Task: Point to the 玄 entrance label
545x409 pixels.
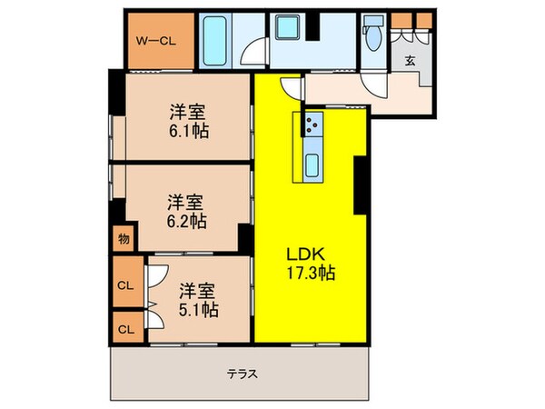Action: [x=410, y=61]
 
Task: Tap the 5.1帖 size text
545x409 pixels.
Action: [x=197, y=309]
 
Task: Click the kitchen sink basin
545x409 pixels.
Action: [x=312, y=165]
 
